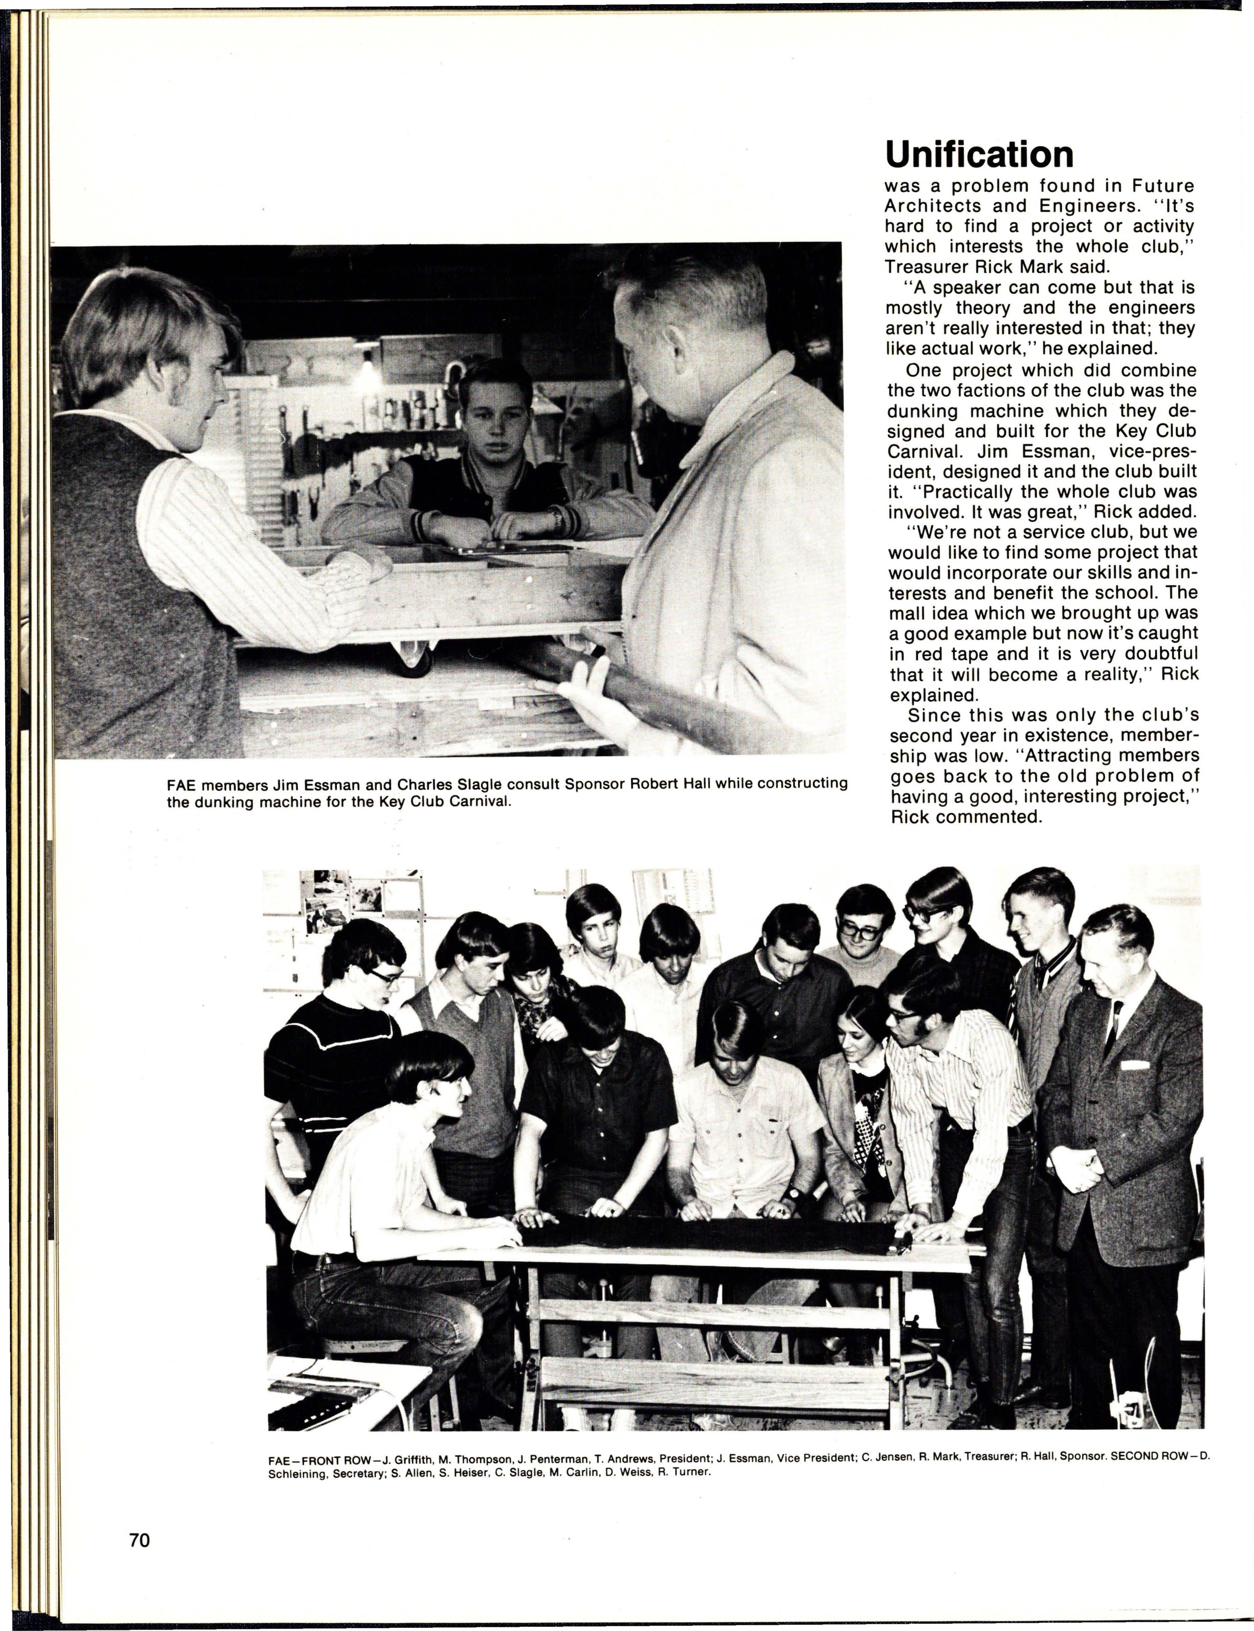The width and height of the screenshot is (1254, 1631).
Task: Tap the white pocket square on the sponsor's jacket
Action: (x=1134, y=1064)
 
